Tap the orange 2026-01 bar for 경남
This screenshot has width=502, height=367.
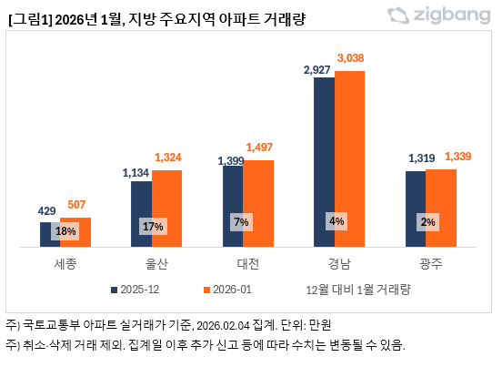pyautogui.click(x=349, y=158)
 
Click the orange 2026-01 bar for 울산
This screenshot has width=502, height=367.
pyautogui.click(x=166, y=209)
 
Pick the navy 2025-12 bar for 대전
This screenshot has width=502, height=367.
pyautogui.click(x=232, y=206)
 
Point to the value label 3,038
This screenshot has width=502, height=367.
pyautogui.click(x=349, y=58)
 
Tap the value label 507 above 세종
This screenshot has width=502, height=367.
pyautogui.click(x=75, y=205)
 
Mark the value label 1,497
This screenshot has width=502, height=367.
pyautogui.click(x=258, y=148)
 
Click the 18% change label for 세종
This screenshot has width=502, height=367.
pyautogui.click(x=65, y=231)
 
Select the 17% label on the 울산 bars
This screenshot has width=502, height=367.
pyautogui.click(x=152, y=225)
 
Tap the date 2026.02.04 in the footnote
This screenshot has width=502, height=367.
pyautogui.click(x=224, y=325)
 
